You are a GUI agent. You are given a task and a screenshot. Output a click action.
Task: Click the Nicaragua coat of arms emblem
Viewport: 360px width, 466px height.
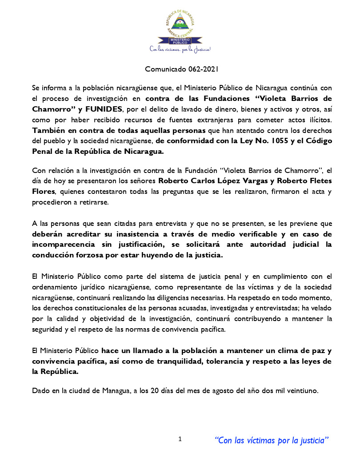point(180,22)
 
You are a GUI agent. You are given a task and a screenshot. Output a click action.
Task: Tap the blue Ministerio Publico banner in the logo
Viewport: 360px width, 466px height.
point(180,41)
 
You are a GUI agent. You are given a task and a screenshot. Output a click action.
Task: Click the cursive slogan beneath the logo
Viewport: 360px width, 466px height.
point(180,49)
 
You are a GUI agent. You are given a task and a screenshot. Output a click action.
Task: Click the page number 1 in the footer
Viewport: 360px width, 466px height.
point(180,439)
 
